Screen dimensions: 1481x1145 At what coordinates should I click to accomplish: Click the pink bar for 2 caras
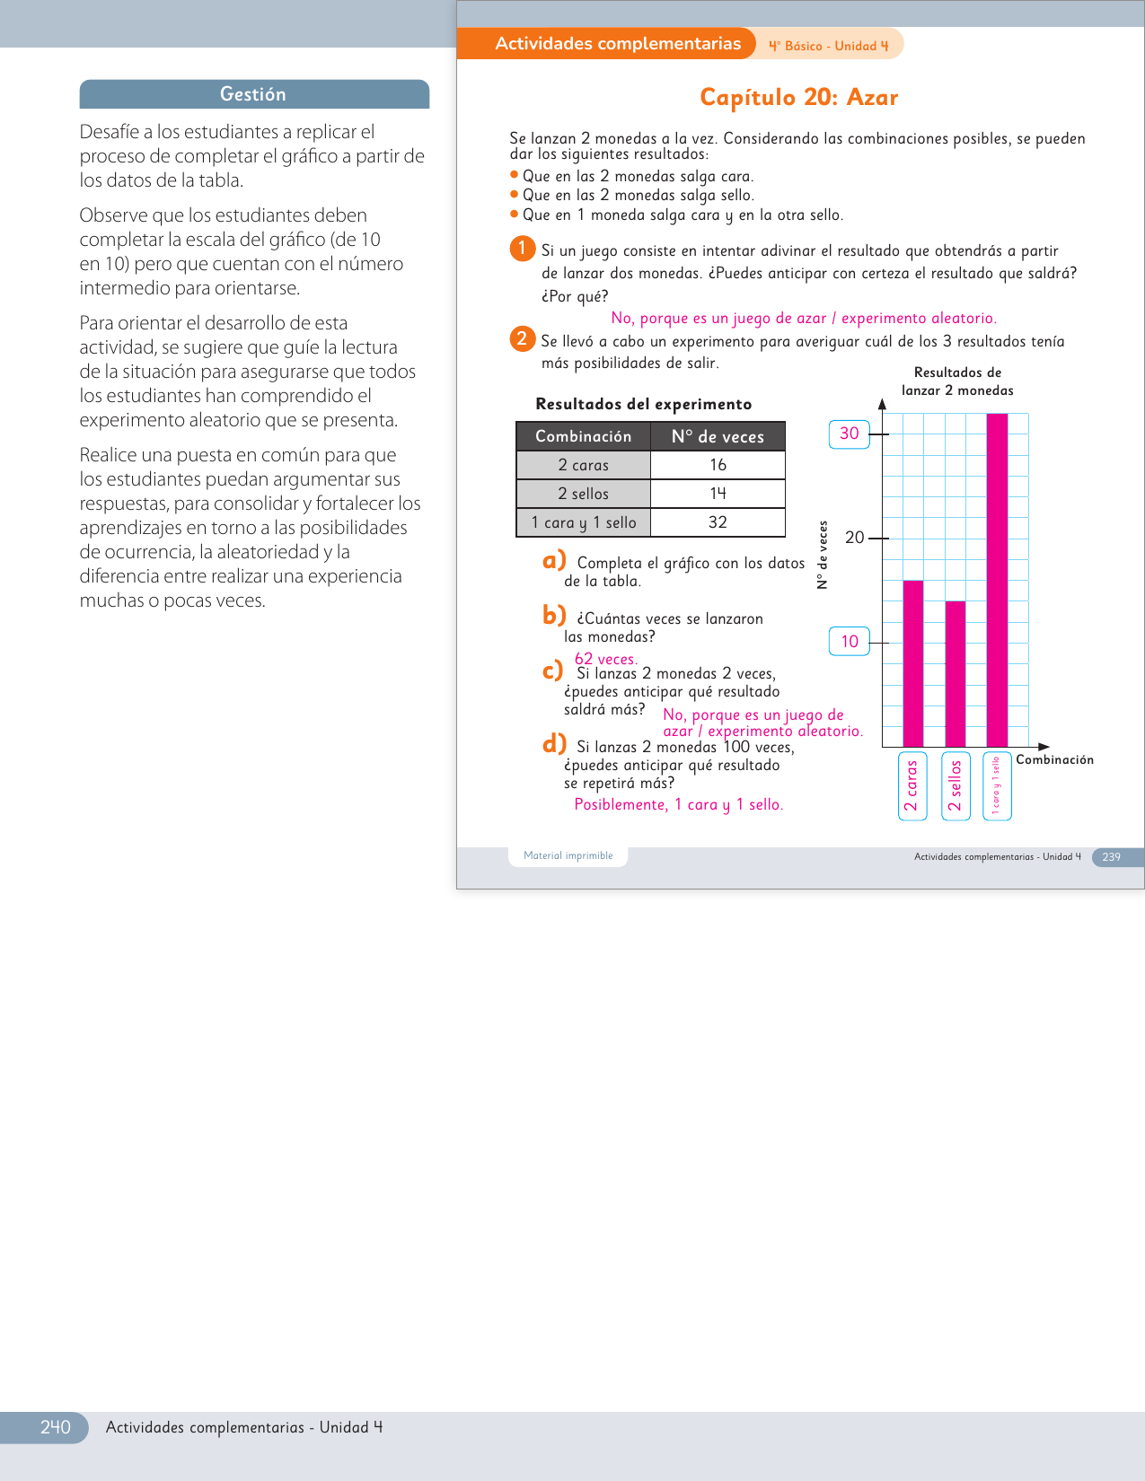[912, 663]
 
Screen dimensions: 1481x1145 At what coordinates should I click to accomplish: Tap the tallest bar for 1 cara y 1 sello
[997, 580]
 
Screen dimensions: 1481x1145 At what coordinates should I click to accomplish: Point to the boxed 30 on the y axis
[849, 434]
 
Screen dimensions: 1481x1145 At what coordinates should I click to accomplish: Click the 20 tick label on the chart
[854, 538]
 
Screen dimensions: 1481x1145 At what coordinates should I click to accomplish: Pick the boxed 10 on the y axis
[849, 642]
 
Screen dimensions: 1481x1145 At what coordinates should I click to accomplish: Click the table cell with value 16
[718, 465]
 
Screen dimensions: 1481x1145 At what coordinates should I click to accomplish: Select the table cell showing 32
[718, 522]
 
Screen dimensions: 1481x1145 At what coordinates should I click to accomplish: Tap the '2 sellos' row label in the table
[583, 494]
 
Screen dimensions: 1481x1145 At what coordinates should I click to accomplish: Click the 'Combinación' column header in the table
[583, 436]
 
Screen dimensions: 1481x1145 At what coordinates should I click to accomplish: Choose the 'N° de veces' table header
[718, 436]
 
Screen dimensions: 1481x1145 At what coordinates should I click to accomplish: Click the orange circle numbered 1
[522, 249]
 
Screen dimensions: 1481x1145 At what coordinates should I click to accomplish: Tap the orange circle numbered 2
[522, 339]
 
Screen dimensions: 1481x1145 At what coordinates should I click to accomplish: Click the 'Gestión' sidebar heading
[253, 94]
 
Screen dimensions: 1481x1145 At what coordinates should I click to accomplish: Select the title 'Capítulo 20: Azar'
[798, 97]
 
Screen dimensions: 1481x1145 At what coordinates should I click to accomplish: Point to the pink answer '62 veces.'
[606, 659]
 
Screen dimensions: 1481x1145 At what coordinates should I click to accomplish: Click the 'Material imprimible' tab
[568, 856]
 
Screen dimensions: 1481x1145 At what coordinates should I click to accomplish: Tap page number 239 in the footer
[1111, 857]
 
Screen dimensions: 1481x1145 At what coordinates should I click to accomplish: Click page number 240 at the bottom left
[55, 1427]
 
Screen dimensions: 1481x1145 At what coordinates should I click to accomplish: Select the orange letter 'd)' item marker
[554, 744]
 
